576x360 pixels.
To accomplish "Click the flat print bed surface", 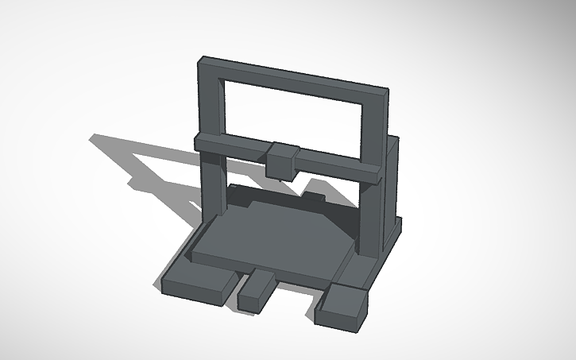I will click(x=270, y=234).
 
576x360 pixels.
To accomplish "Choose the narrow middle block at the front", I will click(x=256, y=292).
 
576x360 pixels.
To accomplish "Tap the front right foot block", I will click(x=342, y=306).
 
